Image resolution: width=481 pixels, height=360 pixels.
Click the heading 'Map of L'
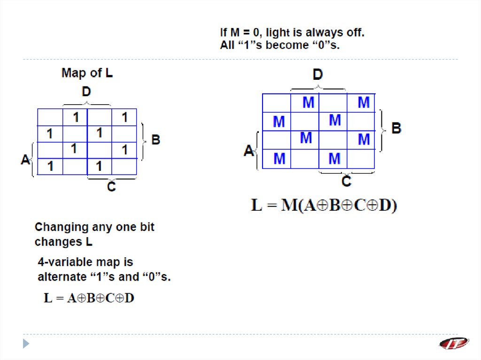(x=87, y=74)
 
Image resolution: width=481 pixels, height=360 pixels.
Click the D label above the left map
(x=86, y=92)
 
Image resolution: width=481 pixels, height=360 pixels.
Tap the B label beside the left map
(x=155, y=140)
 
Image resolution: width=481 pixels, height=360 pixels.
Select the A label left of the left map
(x=25, y=160)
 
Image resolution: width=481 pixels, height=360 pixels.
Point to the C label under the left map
(x=111, y=187)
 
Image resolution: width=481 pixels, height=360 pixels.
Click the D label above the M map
(x=318, y=75)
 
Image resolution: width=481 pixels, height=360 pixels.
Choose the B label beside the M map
(x=396, y=128)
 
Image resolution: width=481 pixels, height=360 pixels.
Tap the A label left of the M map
(x=249, y=151)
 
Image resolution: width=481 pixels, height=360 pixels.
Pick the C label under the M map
(x=346, y=182)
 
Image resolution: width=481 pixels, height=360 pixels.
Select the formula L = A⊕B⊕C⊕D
(x=89, y=298)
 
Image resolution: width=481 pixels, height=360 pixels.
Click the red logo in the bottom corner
(x=454, y=343)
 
